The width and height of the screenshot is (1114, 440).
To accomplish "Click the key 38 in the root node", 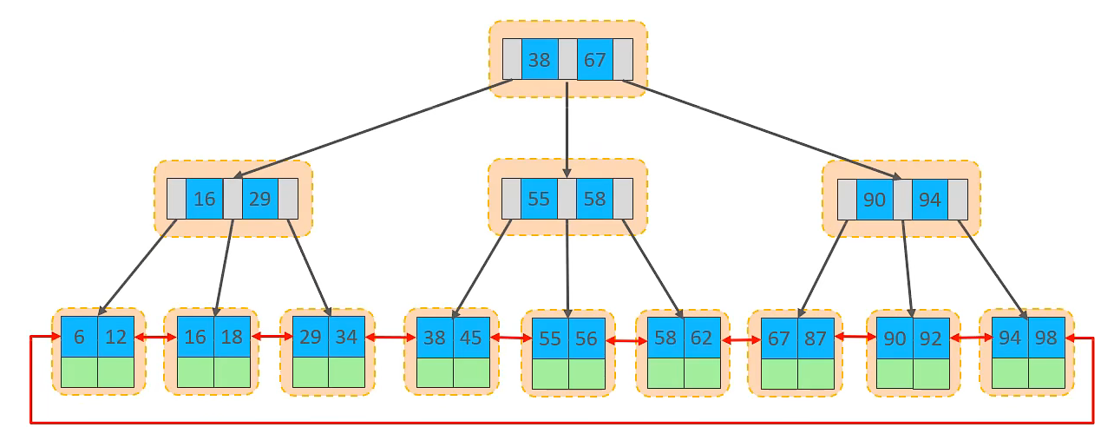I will coord(540,60).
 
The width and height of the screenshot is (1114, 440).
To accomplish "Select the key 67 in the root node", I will coord(594,60).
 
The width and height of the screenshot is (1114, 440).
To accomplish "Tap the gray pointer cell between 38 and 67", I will coord(567,60).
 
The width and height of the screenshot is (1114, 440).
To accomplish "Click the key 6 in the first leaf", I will coord(79,338).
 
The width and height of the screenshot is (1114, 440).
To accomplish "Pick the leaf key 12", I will coord(115,338).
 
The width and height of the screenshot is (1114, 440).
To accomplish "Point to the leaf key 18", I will coord(232,338).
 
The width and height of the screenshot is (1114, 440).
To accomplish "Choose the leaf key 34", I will coord(346,338).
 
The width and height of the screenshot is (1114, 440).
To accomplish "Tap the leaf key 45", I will coord(471,338).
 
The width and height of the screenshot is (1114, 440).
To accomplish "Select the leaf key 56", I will coord(586,339).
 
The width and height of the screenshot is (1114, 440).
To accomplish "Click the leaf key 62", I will coord(702,338).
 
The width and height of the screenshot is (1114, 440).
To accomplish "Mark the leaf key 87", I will coord(816,338).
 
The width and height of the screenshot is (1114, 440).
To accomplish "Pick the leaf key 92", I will coord(930,339).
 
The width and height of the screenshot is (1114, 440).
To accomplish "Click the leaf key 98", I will coord(1045,338).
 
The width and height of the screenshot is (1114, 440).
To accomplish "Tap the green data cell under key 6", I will coord(79,372).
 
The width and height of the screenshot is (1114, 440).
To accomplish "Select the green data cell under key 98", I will coord(1045,372).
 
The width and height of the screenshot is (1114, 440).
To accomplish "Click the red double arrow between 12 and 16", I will coord(156,337).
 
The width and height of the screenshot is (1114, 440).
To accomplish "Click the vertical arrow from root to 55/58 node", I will coord(567,130).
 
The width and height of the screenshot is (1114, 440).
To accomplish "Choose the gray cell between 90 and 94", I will coord(902,200).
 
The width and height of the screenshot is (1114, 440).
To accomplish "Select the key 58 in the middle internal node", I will coord(594,199).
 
